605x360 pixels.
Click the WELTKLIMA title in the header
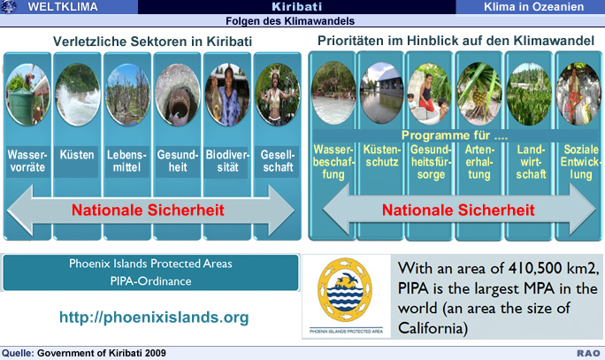pos(63,6)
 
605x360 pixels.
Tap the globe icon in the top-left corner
pos(9,6)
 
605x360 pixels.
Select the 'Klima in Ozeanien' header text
pos(533,6)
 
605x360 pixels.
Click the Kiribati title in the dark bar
pos(296,6)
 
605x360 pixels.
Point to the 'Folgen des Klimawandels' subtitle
pos(290,21)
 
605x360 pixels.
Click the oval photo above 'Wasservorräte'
pos(27,95)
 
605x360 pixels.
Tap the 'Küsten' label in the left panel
pos(77,155)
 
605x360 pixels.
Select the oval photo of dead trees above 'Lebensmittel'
pos(127,95)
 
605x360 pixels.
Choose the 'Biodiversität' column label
pos(227,161)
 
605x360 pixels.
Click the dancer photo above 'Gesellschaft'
pos(278,95)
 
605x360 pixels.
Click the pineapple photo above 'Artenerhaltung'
pos(479,94)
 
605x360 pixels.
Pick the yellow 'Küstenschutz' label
pos(382,156)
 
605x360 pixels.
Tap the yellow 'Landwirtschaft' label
pos(531,162)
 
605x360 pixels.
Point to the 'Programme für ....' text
pos(455,135)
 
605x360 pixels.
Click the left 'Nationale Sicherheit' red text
pos(148,210)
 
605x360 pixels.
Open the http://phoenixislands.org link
pos(154,318)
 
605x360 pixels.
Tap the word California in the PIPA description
pos(433,328)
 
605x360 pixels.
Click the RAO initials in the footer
pos(588,353)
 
